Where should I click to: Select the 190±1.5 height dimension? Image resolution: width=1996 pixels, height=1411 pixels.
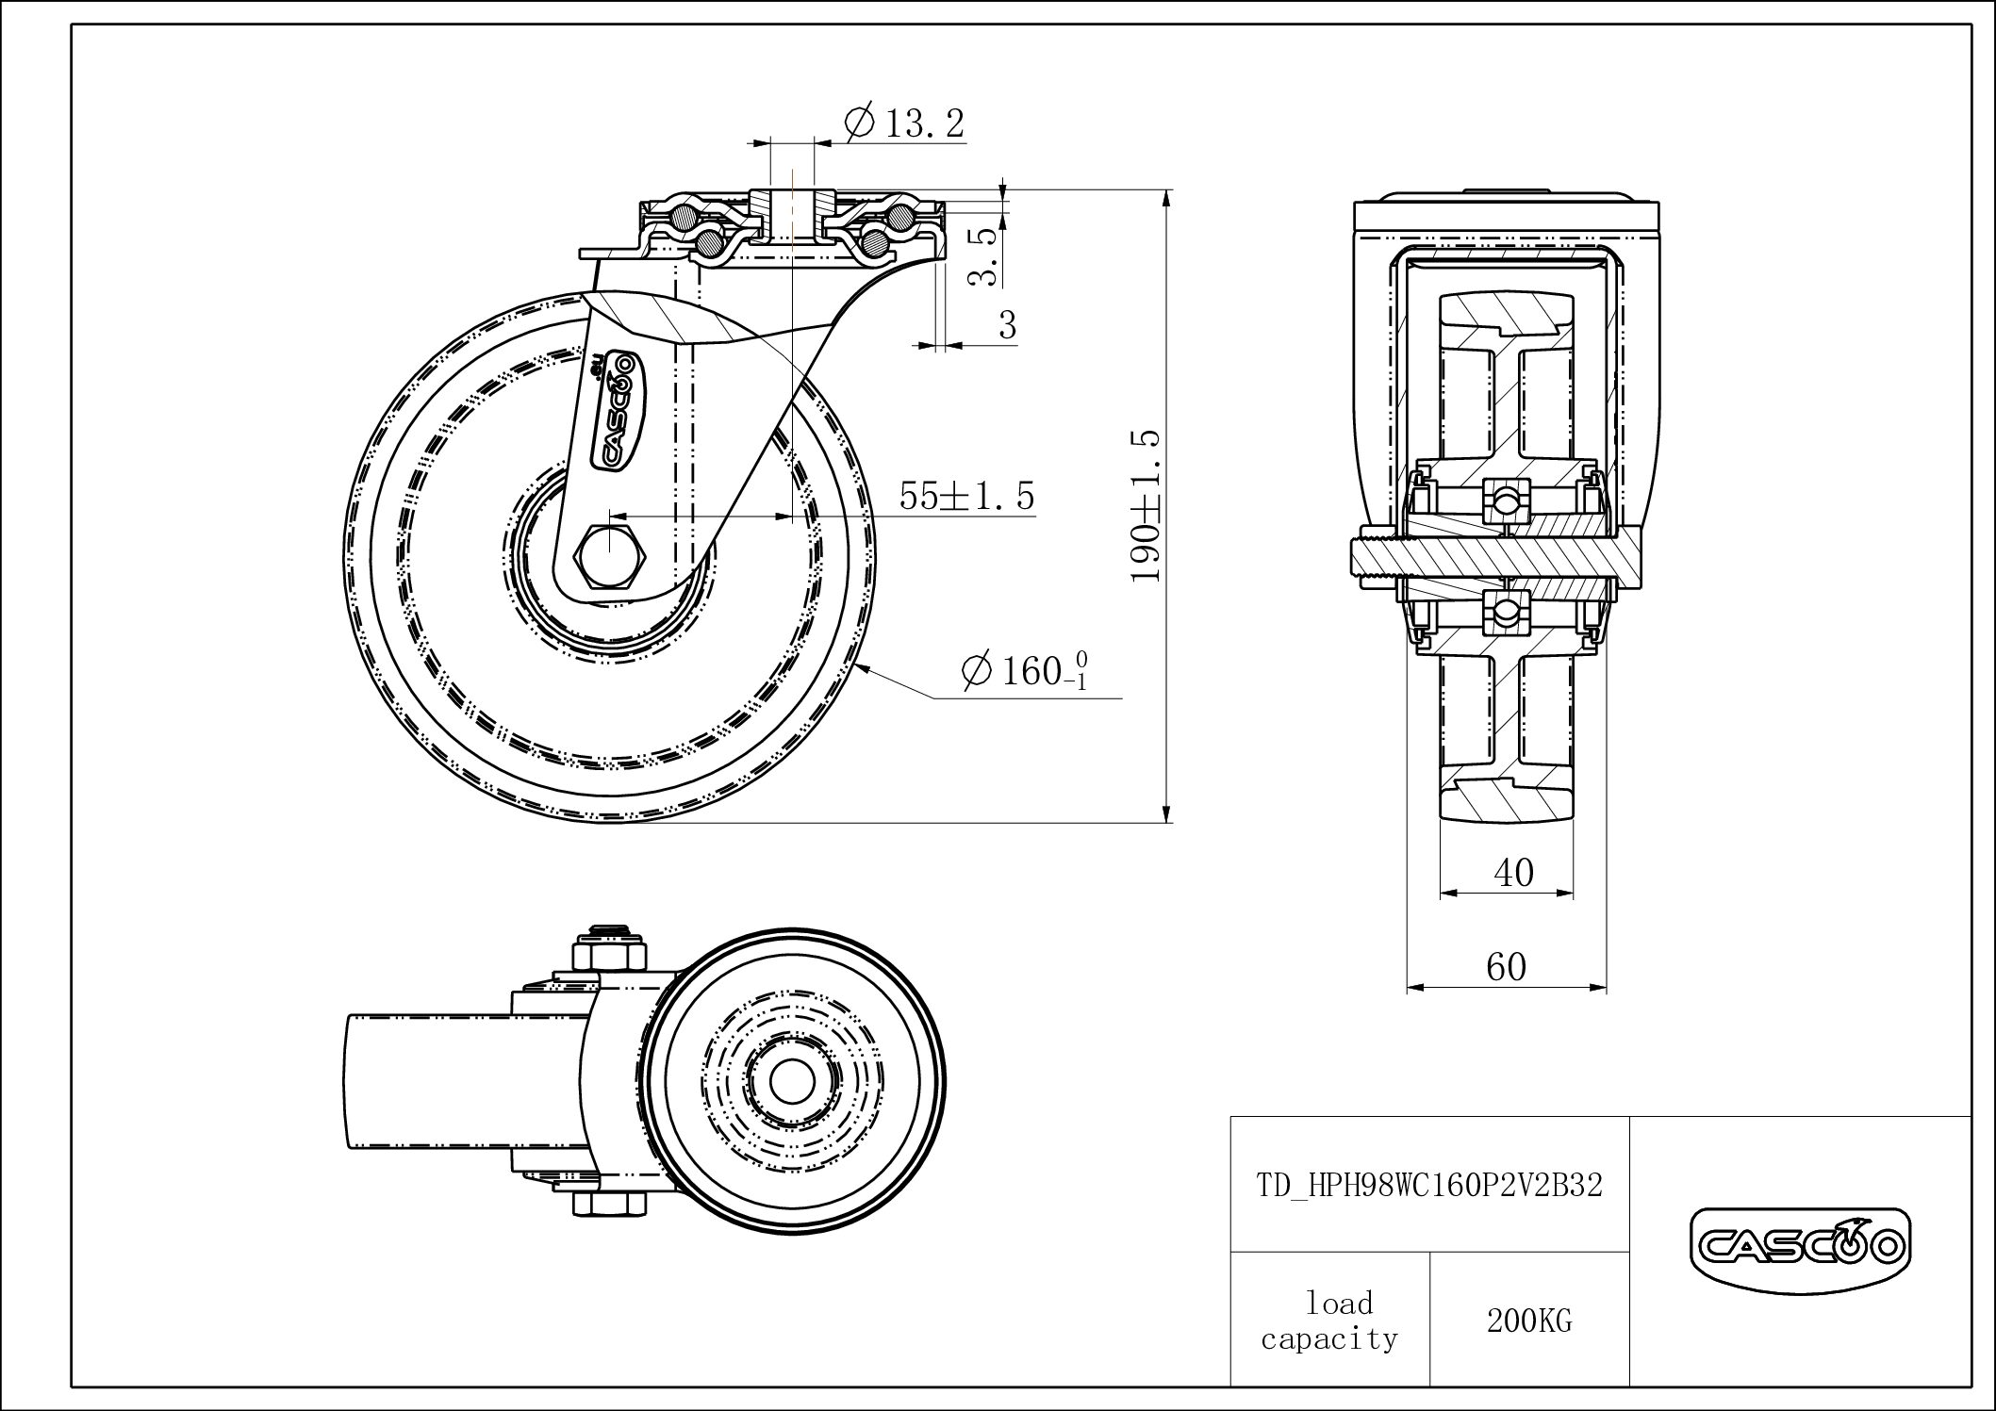point(1146,506)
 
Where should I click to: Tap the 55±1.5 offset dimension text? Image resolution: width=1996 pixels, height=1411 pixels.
point(966,496)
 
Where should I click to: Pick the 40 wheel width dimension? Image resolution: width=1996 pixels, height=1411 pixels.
point(1513,873)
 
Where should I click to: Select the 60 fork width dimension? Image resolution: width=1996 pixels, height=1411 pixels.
point(1506,967)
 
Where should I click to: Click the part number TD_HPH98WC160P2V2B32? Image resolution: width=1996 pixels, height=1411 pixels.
point(1429,1185)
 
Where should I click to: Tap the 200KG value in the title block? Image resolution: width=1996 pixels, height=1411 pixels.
point(1529,1321)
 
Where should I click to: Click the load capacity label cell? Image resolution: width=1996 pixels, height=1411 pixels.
point(1329,1320)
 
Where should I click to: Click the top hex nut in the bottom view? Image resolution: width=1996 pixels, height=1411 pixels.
point(609,953)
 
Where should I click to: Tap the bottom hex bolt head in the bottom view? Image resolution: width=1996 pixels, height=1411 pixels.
point(609,1205)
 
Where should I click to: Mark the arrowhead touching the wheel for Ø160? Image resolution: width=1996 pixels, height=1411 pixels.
point(868,670)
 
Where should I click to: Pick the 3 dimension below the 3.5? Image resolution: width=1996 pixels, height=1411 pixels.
point(1008,325)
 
